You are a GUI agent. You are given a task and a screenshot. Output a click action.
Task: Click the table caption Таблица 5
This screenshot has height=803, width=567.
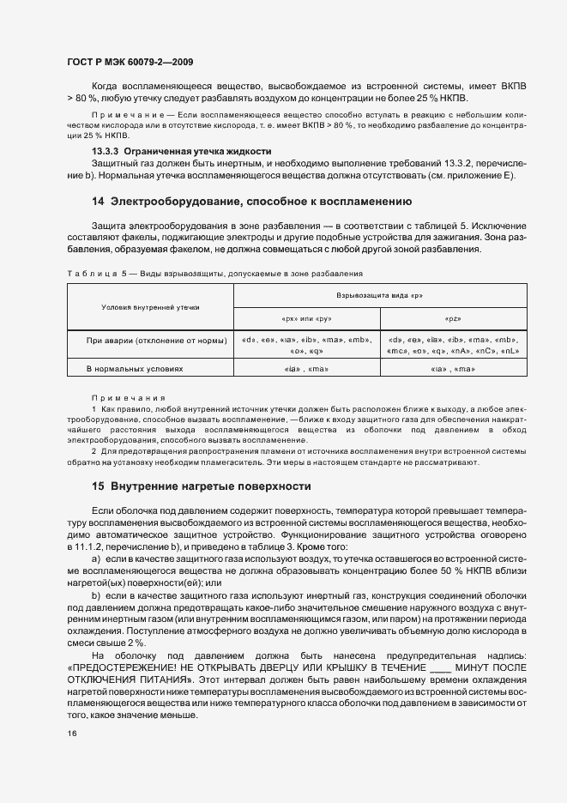(x=95, y=275)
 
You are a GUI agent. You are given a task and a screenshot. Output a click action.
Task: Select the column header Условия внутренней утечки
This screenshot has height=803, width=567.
(x=149, y=305)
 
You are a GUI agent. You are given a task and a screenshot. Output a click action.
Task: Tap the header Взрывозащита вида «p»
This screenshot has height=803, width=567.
(x=380, y=294)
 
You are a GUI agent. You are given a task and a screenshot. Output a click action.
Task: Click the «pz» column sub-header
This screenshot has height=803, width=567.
(x=454, y=317)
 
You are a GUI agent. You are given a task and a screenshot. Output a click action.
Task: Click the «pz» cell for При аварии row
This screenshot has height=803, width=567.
(x=454, y=345)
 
